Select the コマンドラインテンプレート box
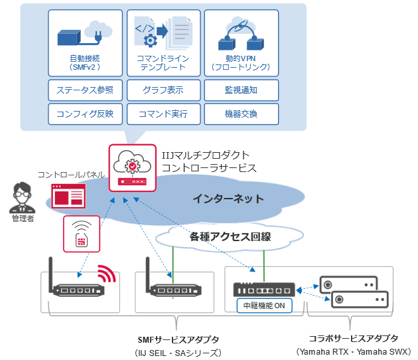[x=163, y=43]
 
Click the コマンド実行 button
[x=163, y=114]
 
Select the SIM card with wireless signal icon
[x=81, y=233]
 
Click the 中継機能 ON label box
[x=263, y=306]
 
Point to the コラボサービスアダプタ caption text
[x=354, y=338]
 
